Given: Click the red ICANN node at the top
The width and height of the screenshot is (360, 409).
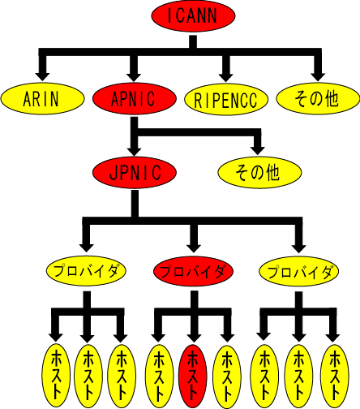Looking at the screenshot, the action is coord(193,15).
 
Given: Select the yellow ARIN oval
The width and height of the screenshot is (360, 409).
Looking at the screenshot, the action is coord(42,99).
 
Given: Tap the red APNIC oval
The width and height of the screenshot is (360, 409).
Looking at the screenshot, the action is coord(135,99).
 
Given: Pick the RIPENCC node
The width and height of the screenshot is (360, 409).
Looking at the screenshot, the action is coord(226,99).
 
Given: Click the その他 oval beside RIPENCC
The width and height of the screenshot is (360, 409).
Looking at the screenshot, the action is coord(318,99).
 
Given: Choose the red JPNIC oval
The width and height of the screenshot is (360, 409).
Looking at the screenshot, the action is coord(135,172).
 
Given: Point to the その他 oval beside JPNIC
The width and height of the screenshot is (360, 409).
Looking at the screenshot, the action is coord(259,172).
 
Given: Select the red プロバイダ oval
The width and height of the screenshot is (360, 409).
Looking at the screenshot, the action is coord(193,271).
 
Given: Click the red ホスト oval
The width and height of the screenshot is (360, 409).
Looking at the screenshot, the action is coord(193,377).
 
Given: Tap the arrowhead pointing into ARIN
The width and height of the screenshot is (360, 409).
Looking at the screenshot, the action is coord(42,76).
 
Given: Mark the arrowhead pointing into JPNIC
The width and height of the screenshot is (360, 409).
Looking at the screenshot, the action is coord(135,151).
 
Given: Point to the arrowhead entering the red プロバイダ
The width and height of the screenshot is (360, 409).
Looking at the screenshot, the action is coord(194,248).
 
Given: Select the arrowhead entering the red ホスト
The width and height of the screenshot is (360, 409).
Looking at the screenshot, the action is coord(194,338).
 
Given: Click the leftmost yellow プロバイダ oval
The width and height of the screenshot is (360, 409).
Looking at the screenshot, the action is coord(86,271).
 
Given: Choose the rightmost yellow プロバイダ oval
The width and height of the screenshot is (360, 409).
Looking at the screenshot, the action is coord(299,271).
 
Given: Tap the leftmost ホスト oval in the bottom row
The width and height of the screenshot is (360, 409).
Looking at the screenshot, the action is coord(56,375).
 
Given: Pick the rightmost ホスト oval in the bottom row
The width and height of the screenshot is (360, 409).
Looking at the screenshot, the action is coord(334,376).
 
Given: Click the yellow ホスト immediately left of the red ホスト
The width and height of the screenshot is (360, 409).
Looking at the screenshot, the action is coord(160,377).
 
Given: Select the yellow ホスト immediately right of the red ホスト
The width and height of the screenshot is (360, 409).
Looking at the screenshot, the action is coord(227,377).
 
